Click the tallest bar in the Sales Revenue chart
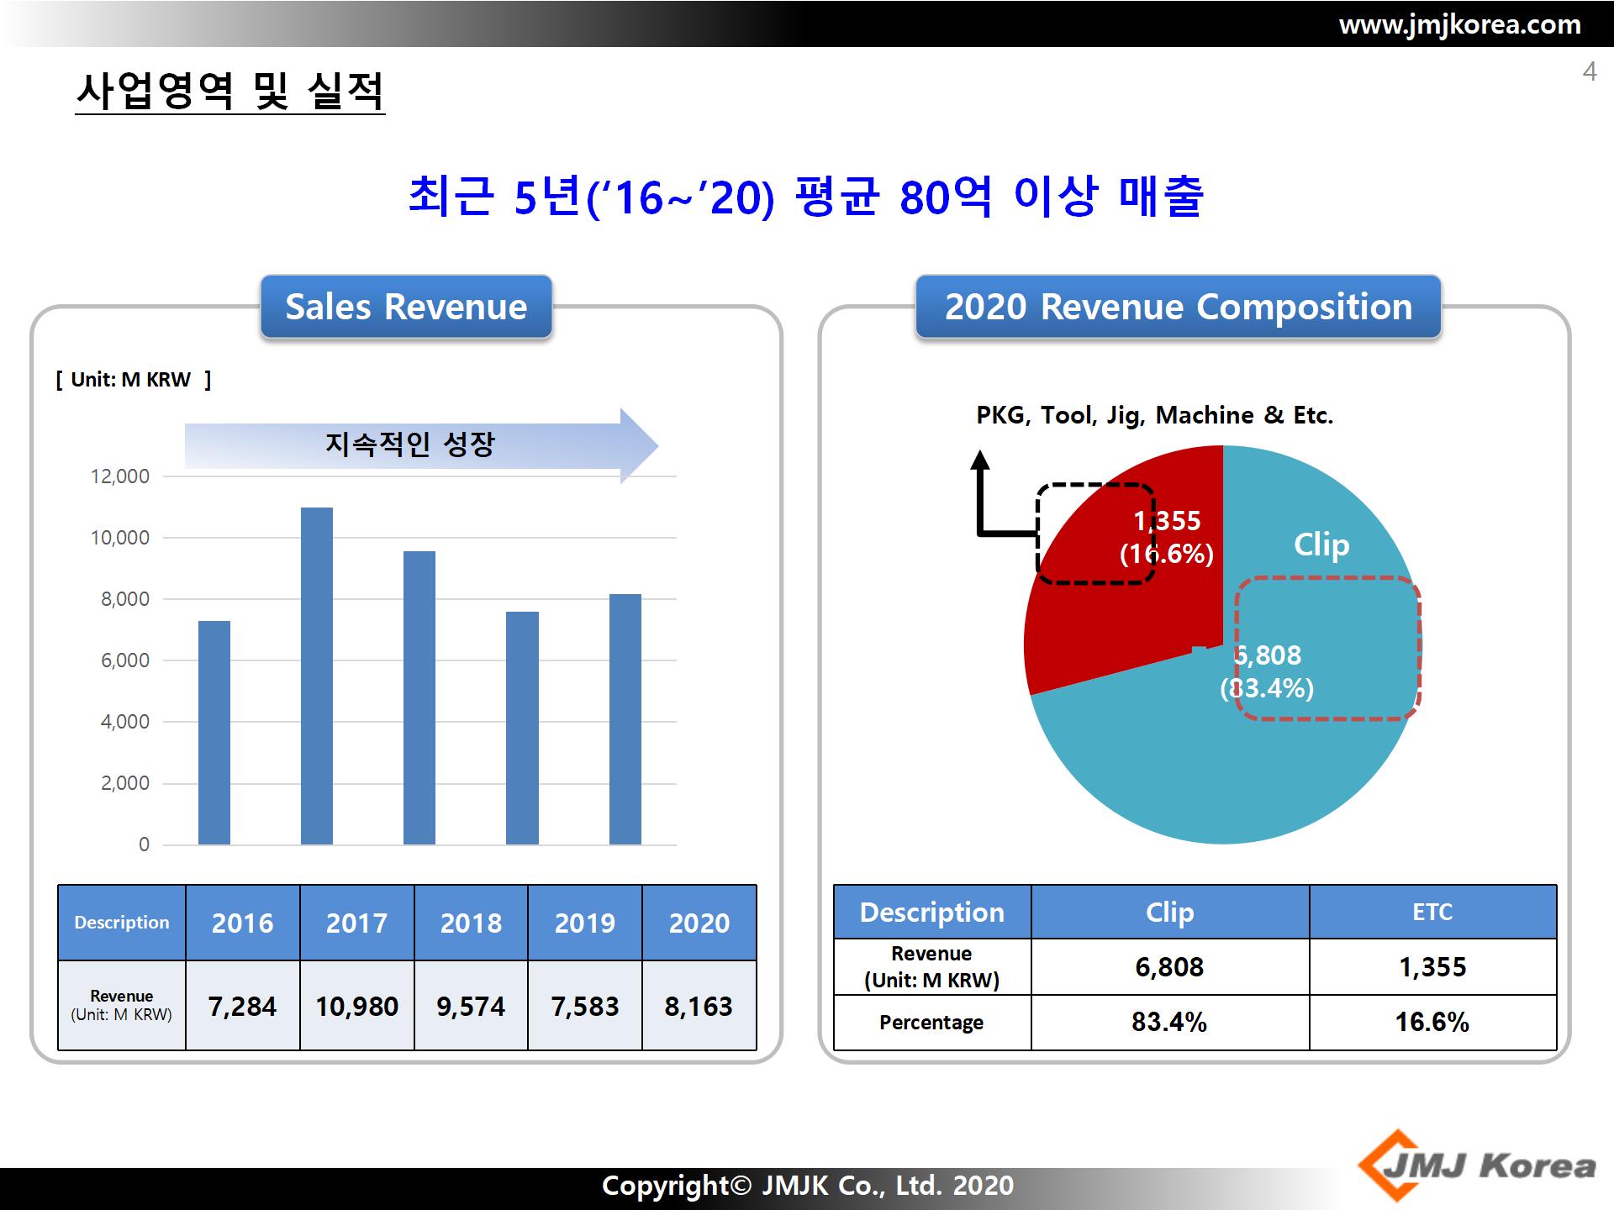pyautogui.click(x=317, y=676)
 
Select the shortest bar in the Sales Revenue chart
pyautogui.click(x=214, y=733)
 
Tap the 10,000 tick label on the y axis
pyautogui.click(x=120, y=538)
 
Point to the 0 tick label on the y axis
pyautogui.click(x=144, y=844)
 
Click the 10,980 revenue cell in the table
pyautogui.click(x=357, y=1006)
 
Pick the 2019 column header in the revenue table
pyautogui.click(x=585, y=923)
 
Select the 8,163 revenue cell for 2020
pyautogui.click(x=699, y=1006)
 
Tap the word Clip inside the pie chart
pyautogui.click(x=1321, y=544)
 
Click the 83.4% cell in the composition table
pyautogui.click(x=1169, y=1023)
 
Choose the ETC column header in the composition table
pyautogui.click(x=1432, y=912)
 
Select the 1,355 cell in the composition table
pyautogui.click(x=1432, y=967)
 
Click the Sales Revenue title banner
pyautogui.click(x=406, y=307)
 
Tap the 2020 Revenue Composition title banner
pyautogui.click(x=1179, y=307)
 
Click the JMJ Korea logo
pyautogui.click(x=1477, y=1165)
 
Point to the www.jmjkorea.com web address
pyautogui.click(x=1459, y=24)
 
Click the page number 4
pyautogui.click(x=1589, y=71)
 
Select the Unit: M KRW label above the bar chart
pyautogui.click(x=134, y=380)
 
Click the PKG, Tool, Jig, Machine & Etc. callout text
pyautogui.click(x=1155, y=415)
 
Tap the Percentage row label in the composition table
pyautogui.click(x=931, y=1023)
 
